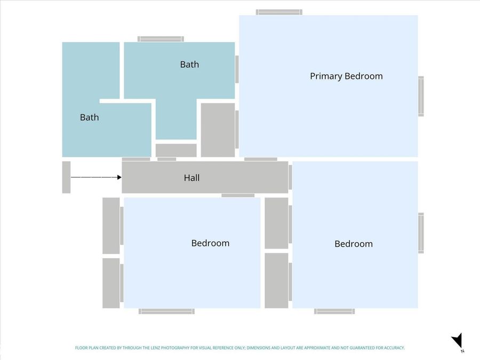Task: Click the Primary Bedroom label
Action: tap(346, 76)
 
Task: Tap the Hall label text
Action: tap(191, 178)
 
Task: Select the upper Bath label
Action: tap(189, 65)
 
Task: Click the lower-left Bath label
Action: tap(90, 117)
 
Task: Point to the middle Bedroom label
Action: tap(210, 243)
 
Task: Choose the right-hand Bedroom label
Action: tap(354, 244)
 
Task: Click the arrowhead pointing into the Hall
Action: tap(119, 177)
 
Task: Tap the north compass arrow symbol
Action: tap(458, 340)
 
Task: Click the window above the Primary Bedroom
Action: tap(279, 12)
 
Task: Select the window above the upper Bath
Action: tap(161, 39)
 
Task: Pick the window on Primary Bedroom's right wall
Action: tap(421, 96)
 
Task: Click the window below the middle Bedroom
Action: tap(166, 311)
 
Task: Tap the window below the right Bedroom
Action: tap(334, 311)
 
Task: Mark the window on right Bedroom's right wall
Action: tap(421, 233)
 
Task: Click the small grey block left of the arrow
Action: tap(66, 177)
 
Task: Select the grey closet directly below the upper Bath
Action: tap(176, 150)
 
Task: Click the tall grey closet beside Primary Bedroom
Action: tap(218, 130)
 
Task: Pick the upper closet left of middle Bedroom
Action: tap(111, 226)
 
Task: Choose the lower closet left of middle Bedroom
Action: tap(111, 283)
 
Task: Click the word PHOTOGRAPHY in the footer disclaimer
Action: tap(175, 348)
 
